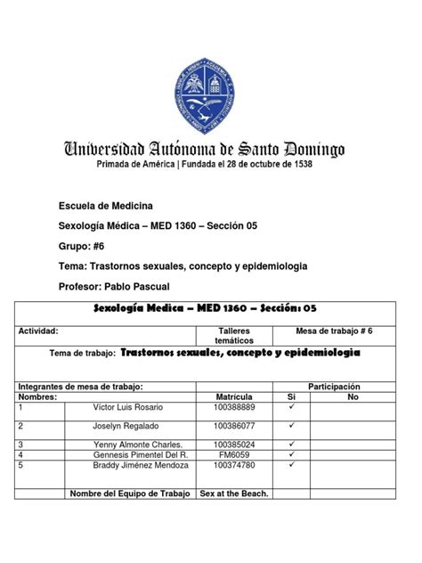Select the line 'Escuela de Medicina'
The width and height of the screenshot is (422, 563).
[105, 207]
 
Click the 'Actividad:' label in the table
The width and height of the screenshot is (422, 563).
[38, 330]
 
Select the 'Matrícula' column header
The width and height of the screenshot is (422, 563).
[235, 396]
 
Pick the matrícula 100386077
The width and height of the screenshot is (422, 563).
[235, 427]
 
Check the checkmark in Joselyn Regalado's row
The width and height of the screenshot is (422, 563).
[291, 426]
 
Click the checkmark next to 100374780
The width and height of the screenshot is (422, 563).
[291, 464]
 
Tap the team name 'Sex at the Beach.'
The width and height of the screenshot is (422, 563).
[235, 493]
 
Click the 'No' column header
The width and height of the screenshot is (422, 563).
[353, 396]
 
